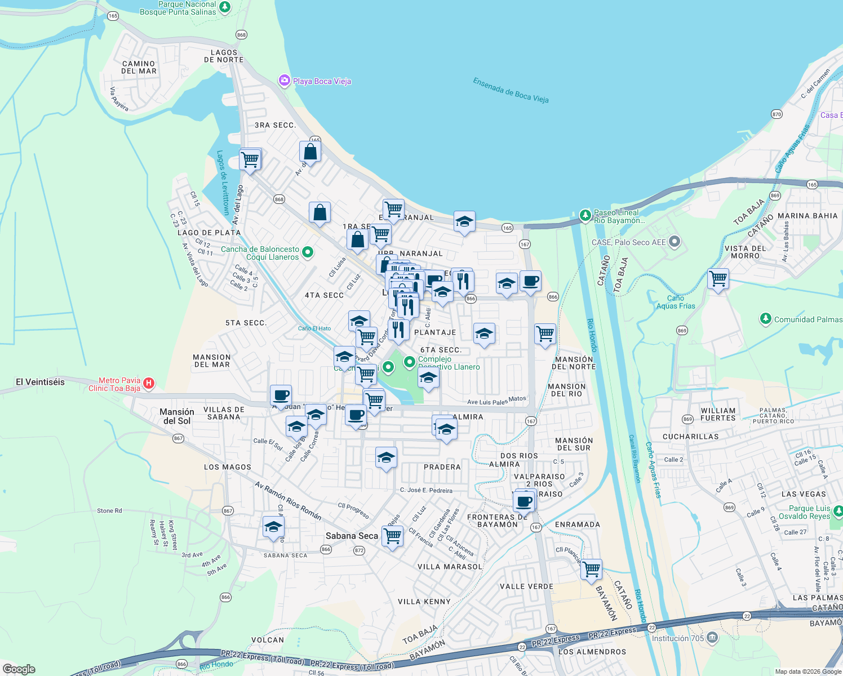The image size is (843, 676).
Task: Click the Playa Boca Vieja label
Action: (322, 81)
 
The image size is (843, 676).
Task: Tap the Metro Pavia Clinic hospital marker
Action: (149, 384)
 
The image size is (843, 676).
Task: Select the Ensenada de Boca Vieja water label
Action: (511, 91)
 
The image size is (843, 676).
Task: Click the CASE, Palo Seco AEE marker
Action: (675, 242)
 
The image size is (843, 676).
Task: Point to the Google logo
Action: (19, 669)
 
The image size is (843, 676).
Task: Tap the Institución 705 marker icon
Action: (712, 638)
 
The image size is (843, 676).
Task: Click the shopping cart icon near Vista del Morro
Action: (718, 278)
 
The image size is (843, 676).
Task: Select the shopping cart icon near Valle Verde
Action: (592, 569)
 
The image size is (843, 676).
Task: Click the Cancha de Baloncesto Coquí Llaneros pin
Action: (308, 252)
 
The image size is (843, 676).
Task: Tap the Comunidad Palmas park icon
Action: (765, 319)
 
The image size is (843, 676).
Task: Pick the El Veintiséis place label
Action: (40, 382)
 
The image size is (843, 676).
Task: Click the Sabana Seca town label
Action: (352, 536)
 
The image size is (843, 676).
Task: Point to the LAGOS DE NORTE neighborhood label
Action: (224, 56)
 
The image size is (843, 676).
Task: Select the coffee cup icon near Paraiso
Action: (524, 500)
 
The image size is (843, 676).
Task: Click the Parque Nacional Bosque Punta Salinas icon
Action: (225, 7)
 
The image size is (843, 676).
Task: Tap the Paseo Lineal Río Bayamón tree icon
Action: (585, 215)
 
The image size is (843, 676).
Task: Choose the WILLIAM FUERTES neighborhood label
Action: (718, 414)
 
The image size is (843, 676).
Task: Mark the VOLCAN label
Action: (267, 640)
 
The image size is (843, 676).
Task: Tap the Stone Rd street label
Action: (109, 511)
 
